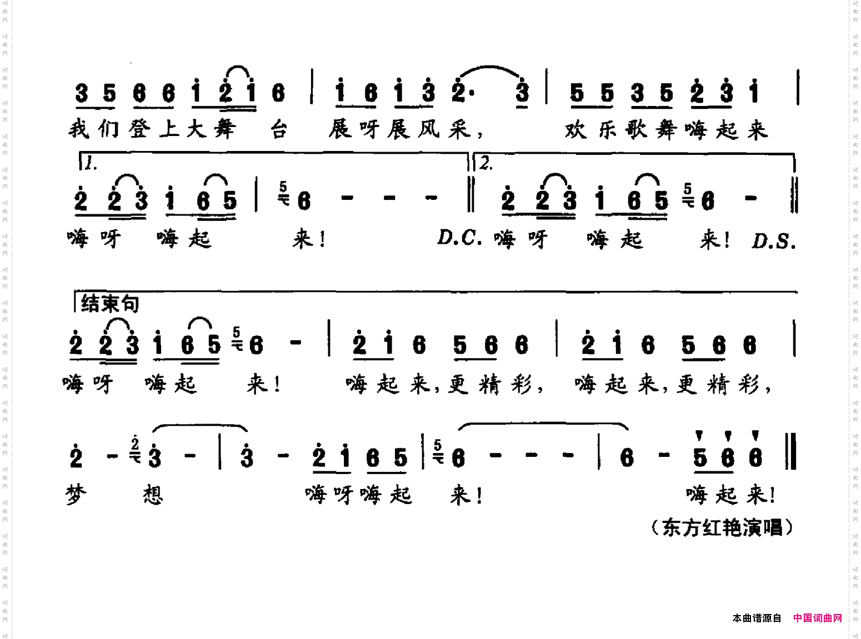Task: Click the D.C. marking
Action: [459, 238]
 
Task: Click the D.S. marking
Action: [773, 241]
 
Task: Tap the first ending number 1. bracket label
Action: [91, 163]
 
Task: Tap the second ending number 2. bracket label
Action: [486, 163]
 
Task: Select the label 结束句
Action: [109, 304]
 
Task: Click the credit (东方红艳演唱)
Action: [722, 527]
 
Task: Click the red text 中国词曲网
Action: [817, 618]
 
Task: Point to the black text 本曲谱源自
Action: [757, 618]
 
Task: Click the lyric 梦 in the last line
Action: [76, 494]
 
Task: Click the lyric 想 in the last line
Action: [153, 494]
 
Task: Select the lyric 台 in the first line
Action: [278, 130]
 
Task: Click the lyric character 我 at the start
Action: [79, 129]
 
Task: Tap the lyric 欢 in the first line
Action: [576, 130]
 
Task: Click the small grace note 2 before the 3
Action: [135, 444]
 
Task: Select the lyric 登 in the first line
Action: [139, 129]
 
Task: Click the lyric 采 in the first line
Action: [459, 130]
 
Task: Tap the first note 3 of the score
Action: [82, 93]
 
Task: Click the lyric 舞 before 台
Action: [225, 129]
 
